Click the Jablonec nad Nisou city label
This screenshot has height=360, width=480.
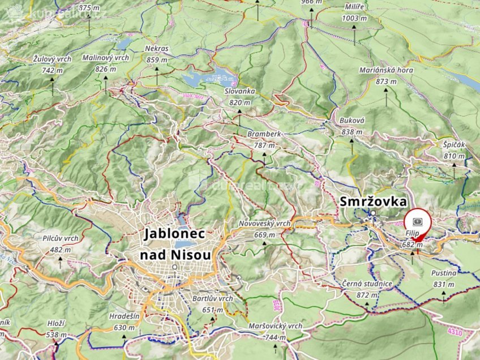point(175,244)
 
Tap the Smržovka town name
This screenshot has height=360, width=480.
point(373,201)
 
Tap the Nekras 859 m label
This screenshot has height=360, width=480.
point(157,54)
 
